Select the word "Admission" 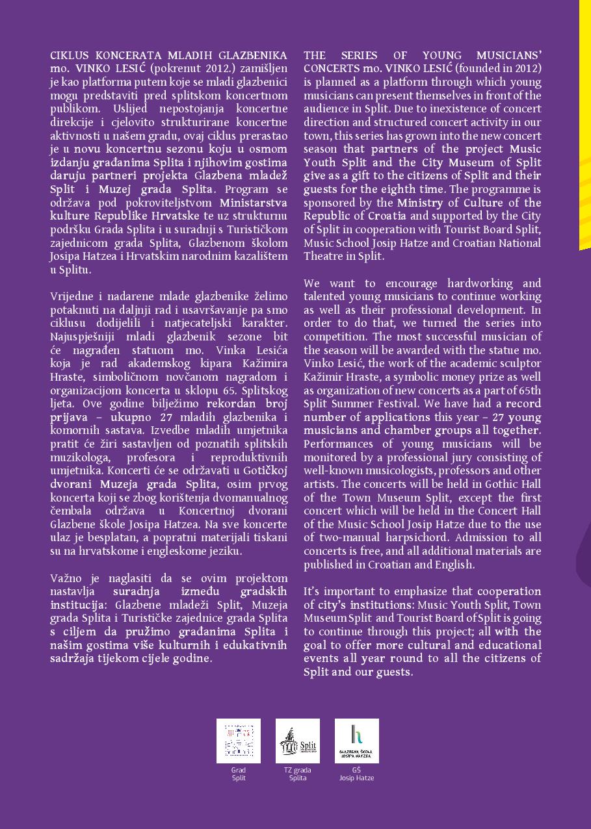point(482,537)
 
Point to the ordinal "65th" point(529,390)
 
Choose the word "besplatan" point(106,537)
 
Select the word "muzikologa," point(79,457)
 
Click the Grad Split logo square point(239,741)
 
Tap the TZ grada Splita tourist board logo point(298,741)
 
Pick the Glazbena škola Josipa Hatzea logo point(357,741)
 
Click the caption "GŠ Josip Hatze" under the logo point(357,774)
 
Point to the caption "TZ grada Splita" point(298,774)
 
